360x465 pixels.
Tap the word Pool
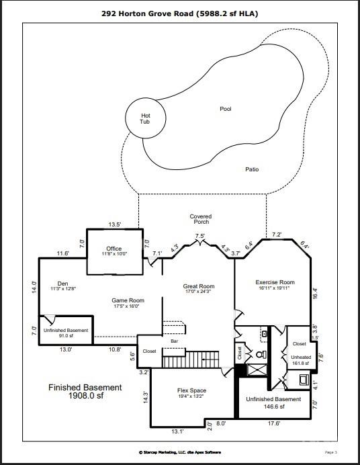(x=225, y=108)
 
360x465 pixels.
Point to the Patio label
(x=251, y=169)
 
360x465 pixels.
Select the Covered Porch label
(x=201, y=219)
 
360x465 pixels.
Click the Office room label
(x=114, y=251)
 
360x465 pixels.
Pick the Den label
(x=62, y=286)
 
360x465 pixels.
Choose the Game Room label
(x=128, y=303)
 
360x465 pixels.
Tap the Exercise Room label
(x=275, y=285)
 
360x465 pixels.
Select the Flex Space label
(x=191, y=393)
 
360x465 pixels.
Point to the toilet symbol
(x=262, y=353)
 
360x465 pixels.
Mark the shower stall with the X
(x=257, y=368)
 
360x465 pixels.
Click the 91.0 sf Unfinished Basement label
(x=66, y=333)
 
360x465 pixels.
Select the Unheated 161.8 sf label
(x=300, y=360)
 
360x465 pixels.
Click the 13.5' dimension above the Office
(x=115, y=224)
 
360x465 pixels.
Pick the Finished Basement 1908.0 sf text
(x=85, y=392)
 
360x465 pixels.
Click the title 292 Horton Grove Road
(x=179, y=13)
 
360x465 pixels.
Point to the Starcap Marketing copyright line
(x=179, y=452)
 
